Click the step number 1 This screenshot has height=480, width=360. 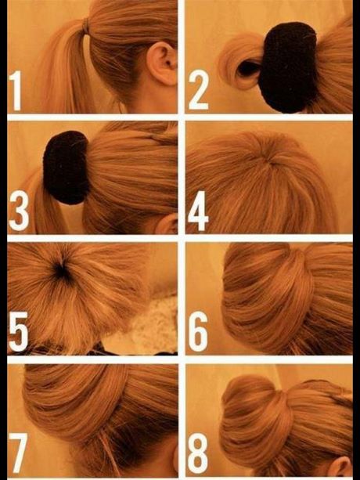[x=16, y=91]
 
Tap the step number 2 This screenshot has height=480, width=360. [x=198, y=90]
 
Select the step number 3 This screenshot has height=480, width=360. [x=19, y=211]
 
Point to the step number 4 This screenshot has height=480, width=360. [x=198, y=211]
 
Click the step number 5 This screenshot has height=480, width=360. [x=19, y=331]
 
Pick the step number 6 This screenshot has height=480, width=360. [x=198, y=331]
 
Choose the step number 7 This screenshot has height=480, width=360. [x=18, y=453]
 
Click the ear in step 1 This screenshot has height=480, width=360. [x=162, y=63]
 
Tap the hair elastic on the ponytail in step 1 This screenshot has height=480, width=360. [x=85, y=27]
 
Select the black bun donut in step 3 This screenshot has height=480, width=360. [x=66, y=168]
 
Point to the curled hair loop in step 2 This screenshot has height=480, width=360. [x=240, y=62]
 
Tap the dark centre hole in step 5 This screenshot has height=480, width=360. [x=62, y=270]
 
